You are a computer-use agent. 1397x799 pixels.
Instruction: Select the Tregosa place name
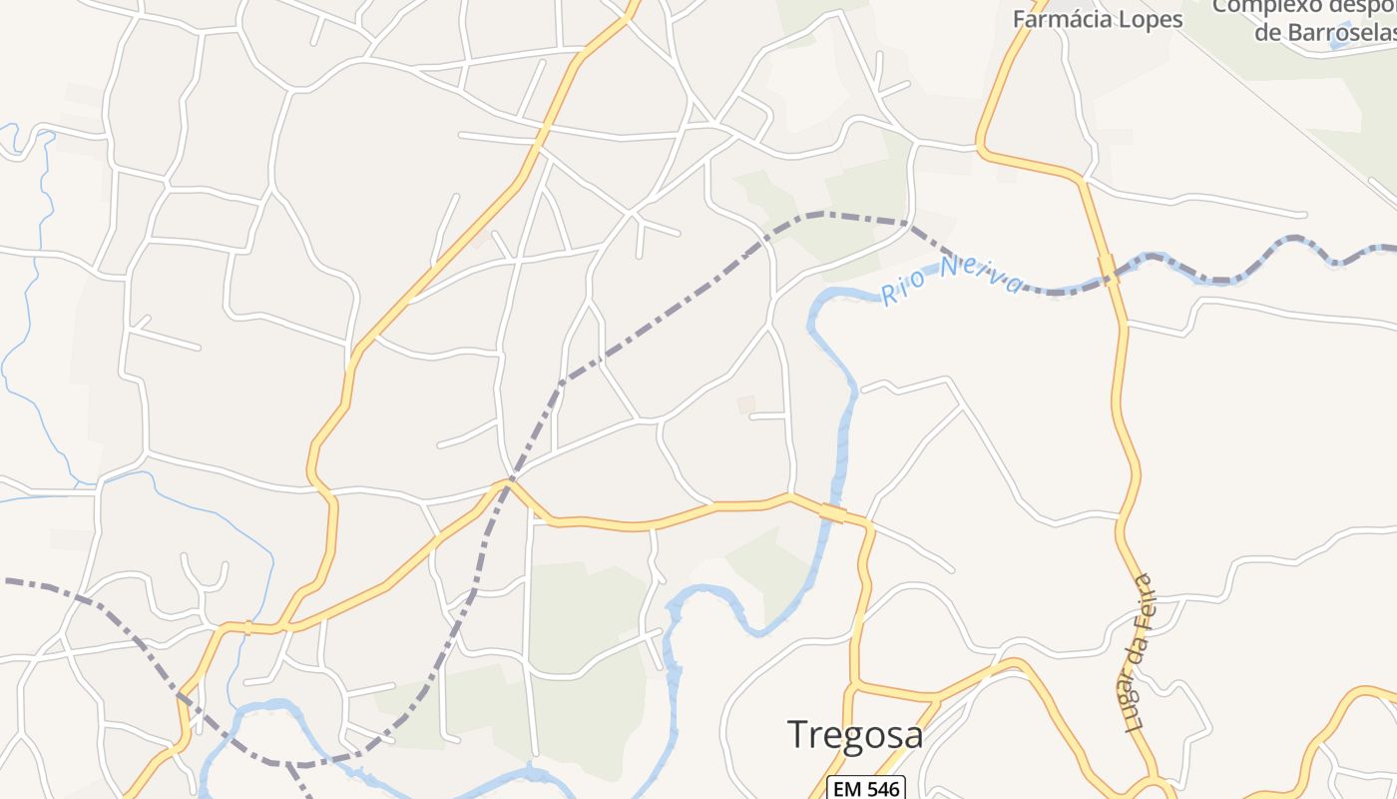tap(855, 734)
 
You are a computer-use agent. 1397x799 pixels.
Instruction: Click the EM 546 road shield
tap(866, 789)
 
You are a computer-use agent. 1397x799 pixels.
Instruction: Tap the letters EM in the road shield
tap(849, 789)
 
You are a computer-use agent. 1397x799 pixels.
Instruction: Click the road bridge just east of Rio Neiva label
tap(1109, 270)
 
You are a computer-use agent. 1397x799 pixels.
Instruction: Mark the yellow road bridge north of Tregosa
tap(832, 513)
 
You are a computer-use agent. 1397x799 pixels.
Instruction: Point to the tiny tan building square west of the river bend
tap(745, 403)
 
